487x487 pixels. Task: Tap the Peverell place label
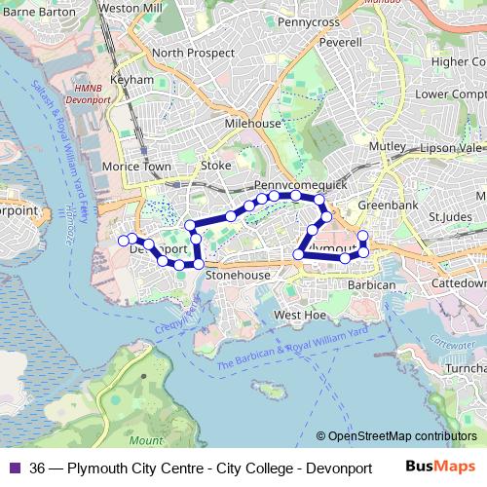point(339,43)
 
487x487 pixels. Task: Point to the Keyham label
point(132,79)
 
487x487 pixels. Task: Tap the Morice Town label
point(144,167)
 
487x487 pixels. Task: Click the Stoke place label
point(215,166)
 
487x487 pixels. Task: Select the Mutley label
point(387,146)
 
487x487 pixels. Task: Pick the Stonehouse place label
point(238,277)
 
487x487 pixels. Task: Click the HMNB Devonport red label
point(88,94)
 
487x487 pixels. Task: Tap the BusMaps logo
point(442,466)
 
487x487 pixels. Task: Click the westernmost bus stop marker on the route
point(123,240)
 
